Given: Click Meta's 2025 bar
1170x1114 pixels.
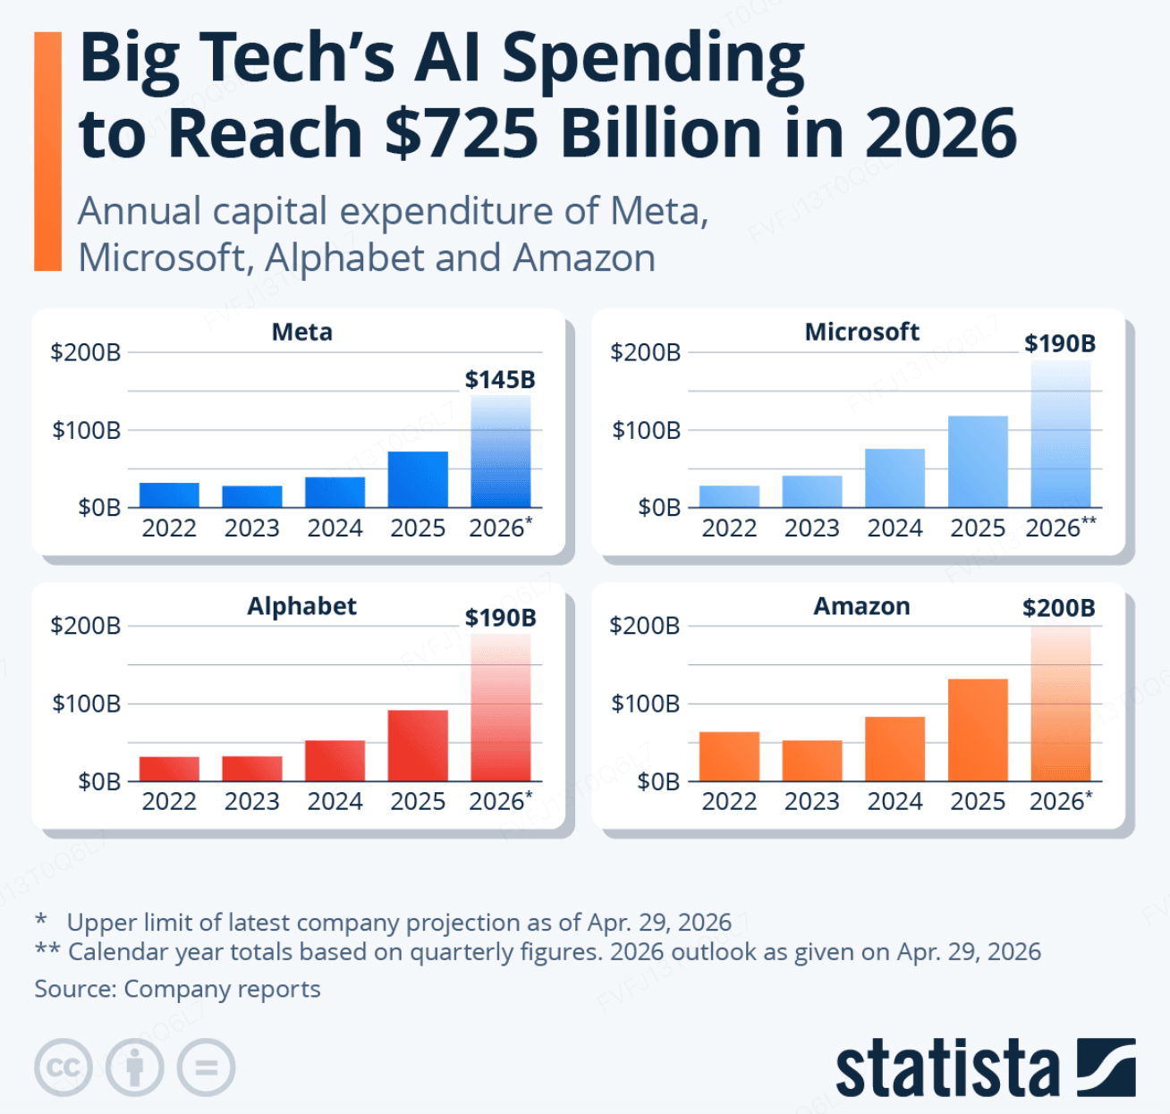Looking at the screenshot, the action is click(x=418, y=479).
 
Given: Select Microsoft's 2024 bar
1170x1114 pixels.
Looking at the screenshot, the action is click(x=895, y=477).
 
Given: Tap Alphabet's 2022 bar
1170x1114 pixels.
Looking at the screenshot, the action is click(x=169, y=768).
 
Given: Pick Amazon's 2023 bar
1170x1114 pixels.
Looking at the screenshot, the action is click(x=812, y=761).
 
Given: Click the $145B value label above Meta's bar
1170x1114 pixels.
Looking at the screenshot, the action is click(x=500, y=380).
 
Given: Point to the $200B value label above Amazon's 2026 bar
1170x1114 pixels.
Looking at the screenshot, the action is click(x=1059, y=608).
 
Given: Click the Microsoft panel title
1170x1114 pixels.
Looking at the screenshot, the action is click(x=861, y=332).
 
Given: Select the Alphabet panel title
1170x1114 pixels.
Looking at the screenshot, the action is click(x=301, y=606).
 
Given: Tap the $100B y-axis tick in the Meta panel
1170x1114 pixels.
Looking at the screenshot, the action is click(x=86, y=430).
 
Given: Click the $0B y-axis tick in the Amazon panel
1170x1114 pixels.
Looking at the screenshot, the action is click(x=658, y=782).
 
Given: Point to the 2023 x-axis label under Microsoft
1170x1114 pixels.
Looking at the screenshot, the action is click(x=811, y=527).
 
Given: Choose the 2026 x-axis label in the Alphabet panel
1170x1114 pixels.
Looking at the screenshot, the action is click(x=500, y=801).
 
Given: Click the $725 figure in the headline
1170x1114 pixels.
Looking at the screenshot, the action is click(x=462, y=132).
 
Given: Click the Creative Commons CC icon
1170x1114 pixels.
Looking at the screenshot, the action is click(x=64, y=1068).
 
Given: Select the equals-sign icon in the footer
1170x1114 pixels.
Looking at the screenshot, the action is click(x=206, y=1068).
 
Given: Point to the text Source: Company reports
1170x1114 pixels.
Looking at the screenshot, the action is click(x=177, y=989).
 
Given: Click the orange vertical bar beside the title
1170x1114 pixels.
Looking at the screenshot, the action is click(x=47, y=151).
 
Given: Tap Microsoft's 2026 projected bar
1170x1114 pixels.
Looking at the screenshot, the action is click(x=1061, y=434).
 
